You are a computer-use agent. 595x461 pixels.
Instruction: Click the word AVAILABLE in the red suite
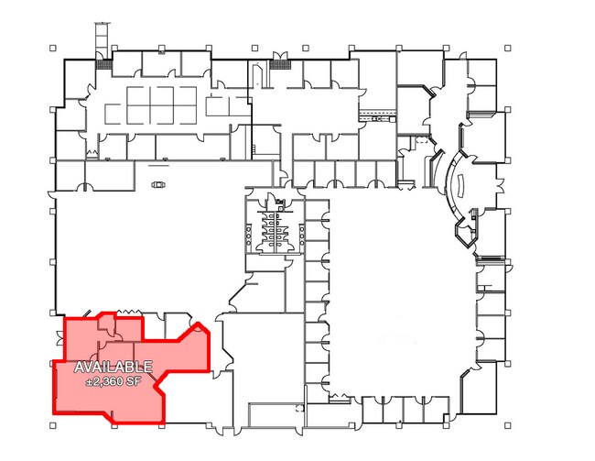tap(114, 367)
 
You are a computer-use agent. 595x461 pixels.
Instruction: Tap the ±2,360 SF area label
tap(114, 381)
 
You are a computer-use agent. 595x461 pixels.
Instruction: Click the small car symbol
tap(158, 185)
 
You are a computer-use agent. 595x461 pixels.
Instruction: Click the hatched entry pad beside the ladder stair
tap(103, 64)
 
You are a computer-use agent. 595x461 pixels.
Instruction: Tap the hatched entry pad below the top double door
tap(280, 64)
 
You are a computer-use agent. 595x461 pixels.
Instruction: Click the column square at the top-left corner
tap(53, 48)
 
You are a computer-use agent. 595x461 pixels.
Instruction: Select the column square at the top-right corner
tap(508, 48)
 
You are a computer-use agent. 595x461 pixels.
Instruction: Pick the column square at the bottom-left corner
tap(53, 425)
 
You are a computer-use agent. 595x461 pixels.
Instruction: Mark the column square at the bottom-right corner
tap(508, 425)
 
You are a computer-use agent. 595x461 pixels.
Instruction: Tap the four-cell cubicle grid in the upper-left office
tap(162, 105)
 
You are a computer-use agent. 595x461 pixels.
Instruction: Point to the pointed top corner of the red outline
tap(198, 323)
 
